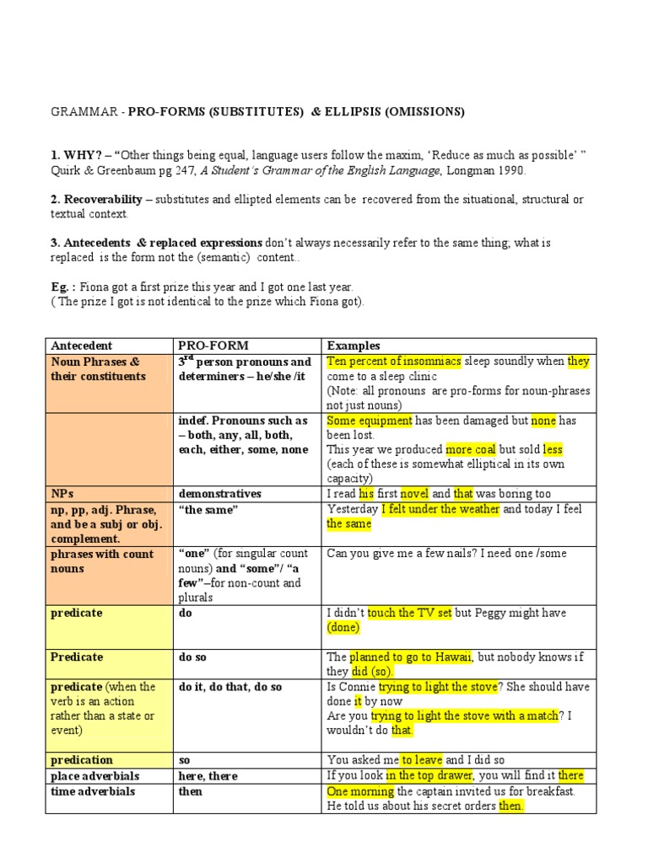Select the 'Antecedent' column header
pos(82,346)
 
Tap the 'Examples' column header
pos(354,346)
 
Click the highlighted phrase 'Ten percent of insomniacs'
pos(394,361)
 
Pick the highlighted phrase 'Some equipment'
pos(369,420)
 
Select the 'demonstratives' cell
pos(219,493)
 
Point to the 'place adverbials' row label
pos(94,775)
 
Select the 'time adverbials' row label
pos(93,791)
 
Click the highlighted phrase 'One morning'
pos(360,791)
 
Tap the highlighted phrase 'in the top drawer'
pos(430,775)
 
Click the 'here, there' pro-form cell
pos(208,775)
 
